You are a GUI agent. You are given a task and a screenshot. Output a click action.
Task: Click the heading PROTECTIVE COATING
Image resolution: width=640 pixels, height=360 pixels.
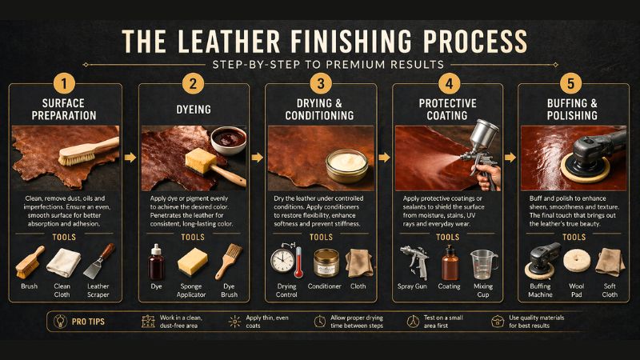448,108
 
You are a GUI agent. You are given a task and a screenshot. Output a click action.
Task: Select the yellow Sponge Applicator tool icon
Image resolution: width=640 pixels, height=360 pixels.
194,262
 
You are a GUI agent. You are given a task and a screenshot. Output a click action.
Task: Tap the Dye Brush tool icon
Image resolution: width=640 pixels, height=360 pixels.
227,262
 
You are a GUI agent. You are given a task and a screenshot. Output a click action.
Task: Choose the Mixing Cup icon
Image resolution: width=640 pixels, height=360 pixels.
482,262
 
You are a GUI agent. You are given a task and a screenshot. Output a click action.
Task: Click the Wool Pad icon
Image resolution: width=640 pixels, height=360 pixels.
574,262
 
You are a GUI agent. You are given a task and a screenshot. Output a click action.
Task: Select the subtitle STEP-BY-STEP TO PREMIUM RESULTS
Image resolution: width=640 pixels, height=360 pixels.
319,64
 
